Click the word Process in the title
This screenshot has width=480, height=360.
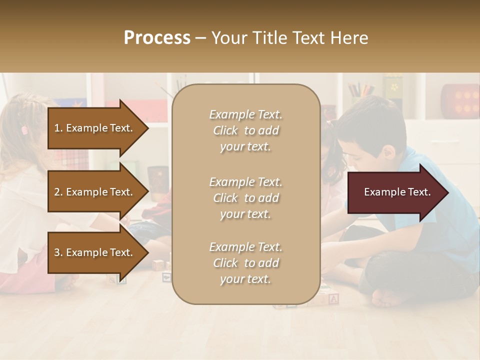[x=157, y=38]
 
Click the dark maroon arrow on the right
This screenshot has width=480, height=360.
[x=397, y=192]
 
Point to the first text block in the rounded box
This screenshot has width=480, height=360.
[x=245, y=130]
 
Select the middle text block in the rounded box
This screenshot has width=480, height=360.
[x=245, y=198]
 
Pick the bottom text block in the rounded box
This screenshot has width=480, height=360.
[x=245, y=263]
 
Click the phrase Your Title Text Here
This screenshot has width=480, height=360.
[x=290, y=38]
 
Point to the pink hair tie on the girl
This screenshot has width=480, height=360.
[x=24, y=130]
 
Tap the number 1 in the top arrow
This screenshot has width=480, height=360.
[x=57, y=128]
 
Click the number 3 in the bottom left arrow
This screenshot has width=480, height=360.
[x=57, y=252]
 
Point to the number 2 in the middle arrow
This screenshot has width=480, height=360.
[x=57, y=192]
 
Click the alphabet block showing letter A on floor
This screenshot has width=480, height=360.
[x=334, y=299]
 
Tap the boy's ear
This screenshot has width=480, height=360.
[x=388, y=151]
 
